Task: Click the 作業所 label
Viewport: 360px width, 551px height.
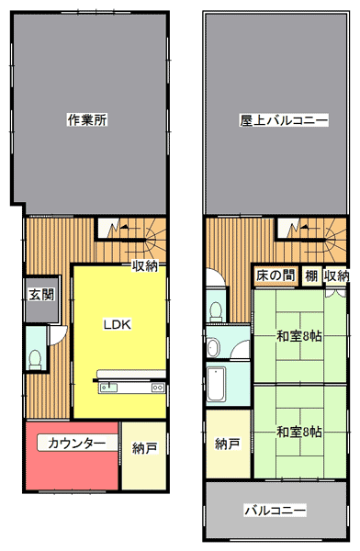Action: click(87, 120)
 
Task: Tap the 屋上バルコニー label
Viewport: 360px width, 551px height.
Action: click(284, 120)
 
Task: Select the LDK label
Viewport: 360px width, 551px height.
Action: click(117, 324)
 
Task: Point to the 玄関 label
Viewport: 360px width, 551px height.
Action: click(41, 295)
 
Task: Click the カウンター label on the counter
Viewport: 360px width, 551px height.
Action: click(76, 443)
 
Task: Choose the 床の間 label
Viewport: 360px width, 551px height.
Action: click(276, 275)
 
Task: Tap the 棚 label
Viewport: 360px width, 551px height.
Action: click(311, 275)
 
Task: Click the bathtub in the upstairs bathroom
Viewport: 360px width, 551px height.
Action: click(216, 384)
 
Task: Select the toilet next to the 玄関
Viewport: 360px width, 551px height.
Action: click(35, 359)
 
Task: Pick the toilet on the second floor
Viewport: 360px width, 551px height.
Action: click(215, 311)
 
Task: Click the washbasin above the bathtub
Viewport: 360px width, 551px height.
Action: click(213, 348)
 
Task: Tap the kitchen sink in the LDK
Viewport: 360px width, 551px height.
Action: click(109, 388)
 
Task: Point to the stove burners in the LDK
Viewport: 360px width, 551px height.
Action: click(158, 388)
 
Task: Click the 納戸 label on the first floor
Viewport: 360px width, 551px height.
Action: click(144, 448)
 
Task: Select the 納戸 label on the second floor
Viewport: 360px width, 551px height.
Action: click(228, 444)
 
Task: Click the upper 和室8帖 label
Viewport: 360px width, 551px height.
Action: click(299, 336)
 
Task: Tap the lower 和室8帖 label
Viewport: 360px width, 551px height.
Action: click(299, 432)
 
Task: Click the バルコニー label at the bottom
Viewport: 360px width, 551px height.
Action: click(276, 511)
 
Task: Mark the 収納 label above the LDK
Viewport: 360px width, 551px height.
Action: click(145, 266)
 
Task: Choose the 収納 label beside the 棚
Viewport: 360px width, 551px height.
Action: click(337, 275)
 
